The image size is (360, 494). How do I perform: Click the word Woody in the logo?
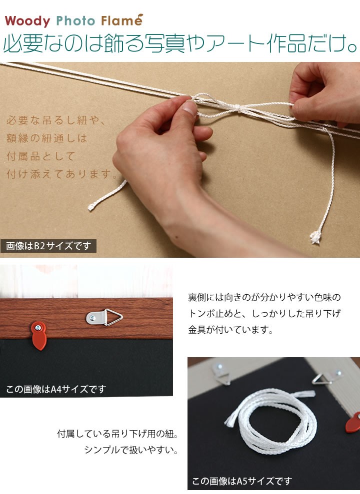27,21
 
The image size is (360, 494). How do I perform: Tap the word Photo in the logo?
75,21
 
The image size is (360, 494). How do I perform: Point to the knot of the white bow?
239,109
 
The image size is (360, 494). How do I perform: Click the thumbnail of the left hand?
189,107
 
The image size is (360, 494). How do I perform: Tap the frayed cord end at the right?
315,236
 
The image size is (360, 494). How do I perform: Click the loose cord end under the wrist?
92,207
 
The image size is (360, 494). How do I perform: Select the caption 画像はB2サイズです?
48,246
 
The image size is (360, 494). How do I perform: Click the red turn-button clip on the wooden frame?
39,335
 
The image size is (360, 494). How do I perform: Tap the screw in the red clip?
38,328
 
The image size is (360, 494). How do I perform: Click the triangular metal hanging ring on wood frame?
113,317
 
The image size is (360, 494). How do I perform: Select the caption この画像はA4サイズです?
56,390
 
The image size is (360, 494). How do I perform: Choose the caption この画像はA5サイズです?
242,481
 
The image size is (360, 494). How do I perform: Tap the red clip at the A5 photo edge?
352,423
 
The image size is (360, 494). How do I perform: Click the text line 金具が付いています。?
230,330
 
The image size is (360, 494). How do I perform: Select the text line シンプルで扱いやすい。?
131,450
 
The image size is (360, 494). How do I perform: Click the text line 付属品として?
41,156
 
